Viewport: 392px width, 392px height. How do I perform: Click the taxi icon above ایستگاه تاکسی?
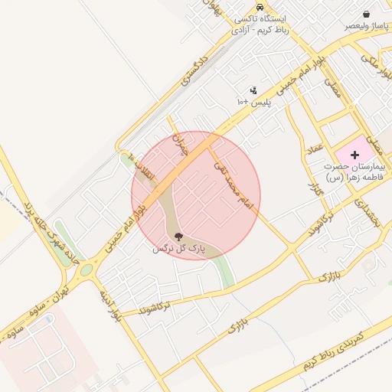click(x=260, y=7)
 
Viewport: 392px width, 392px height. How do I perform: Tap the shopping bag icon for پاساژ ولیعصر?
click(x=367, y=14)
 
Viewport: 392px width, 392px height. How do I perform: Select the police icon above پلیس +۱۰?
click(x=253, y=90)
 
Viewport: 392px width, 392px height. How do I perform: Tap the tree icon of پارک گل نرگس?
click(x=179, y=237)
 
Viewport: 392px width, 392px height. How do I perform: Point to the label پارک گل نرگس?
click(x=179, y=249)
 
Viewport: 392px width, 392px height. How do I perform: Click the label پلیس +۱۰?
click(x=253, y=102)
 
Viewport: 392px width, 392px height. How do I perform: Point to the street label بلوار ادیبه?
click(x=110, y=305)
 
